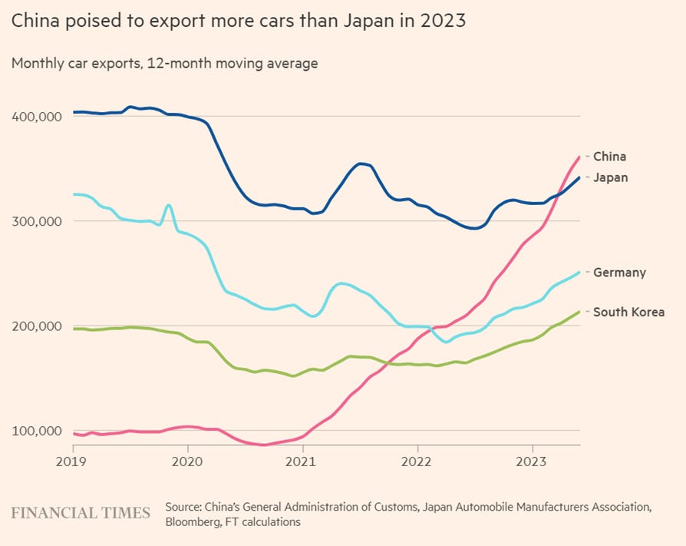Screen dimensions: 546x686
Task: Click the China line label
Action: coord(609,157)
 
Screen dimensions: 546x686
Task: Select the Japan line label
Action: coord(611,177)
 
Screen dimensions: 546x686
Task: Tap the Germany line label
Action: coord(619,273)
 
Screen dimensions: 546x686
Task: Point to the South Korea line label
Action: coord(628,313)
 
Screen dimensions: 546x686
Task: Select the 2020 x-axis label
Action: coord(187,462)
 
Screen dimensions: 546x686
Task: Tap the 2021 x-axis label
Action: coord(302,462)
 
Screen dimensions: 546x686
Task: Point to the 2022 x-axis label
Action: coord(417,462)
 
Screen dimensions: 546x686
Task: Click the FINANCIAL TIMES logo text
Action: coord(81,513)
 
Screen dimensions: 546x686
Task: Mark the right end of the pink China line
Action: coord(579,157)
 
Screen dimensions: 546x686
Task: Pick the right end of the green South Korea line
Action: coord(579,312)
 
